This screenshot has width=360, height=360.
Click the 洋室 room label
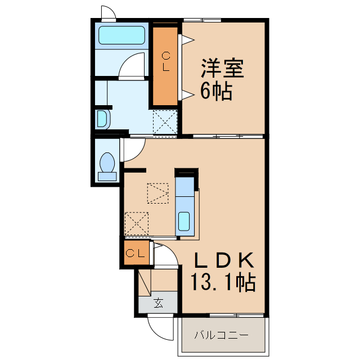pyautogui.click(x=223, y=69)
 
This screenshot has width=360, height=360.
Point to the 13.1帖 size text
pyautogui.click(x=223, y=281)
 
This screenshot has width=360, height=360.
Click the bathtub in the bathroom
pyautogui.click(x=122, y=35)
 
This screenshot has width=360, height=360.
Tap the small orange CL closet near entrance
pyautogui.click(x=136, y=253)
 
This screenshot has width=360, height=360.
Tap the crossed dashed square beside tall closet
pyautogui.click(x=165, y=122)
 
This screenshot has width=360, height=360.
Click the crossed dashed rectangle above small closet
pyautogui.click(x=137, y=223)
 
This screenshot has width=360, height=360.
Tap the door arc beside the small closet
pyautogui.click(x=165, y=255)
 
